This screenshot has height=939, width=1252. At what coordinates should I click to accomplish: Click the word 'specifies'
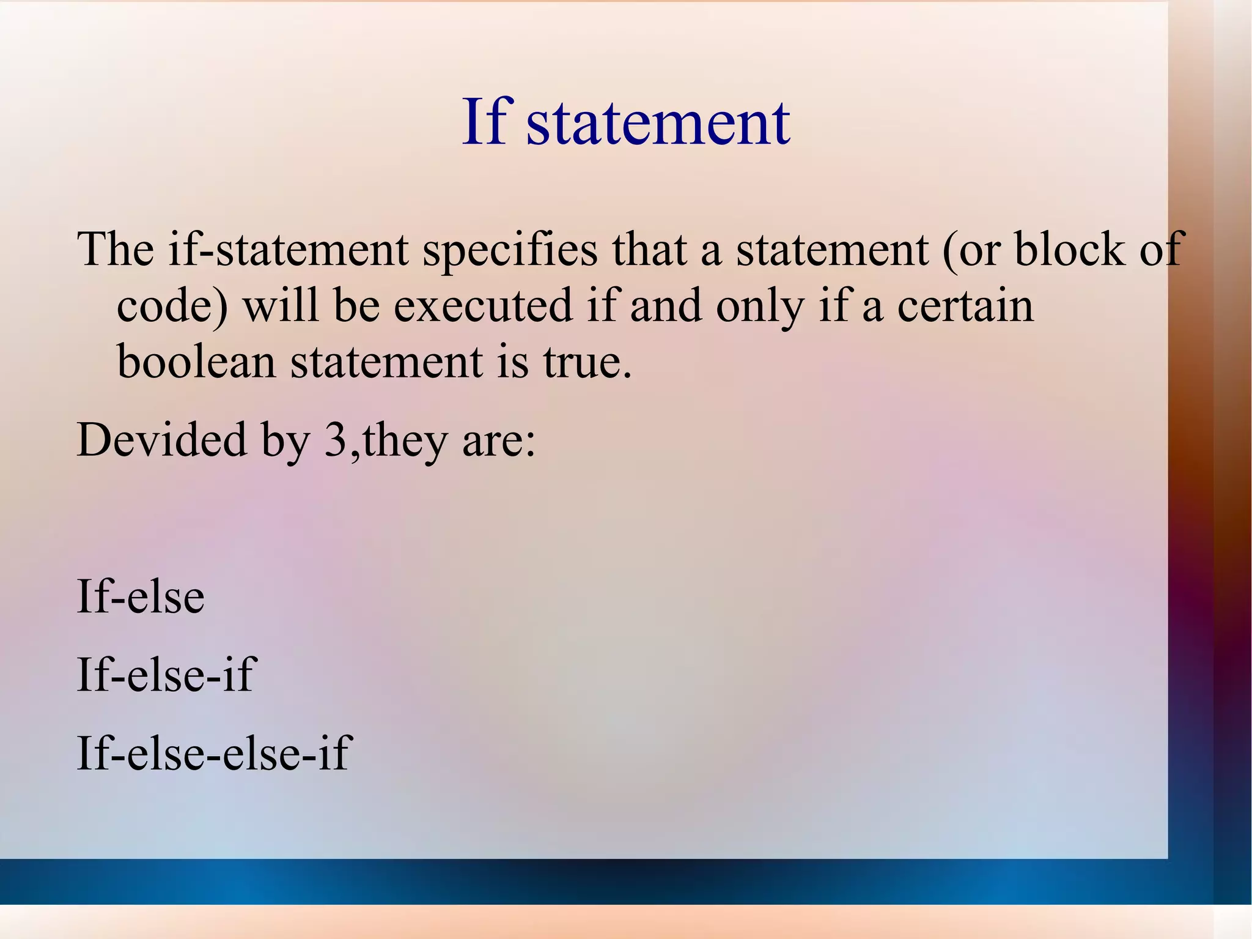click(x=510, y=251)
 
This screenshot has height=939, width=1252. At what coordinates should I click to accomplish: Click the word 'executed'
click(x=483, y=306)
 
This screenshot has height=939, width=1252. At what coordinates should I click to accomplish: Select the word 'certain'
click(x=965, y=306)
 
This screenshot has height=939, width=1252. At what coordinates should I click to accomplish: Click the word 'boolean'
click(x=196, y=362)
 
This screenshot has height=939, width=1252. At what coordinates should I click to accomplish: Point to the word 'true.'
click(x=587, y=362)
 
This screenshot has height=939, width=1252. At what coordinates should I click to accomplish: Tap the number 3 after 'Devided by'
click(x=335, y=440)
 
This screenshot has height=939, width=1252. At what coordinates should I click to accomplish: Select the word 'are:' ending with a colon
click(x=499, y=440)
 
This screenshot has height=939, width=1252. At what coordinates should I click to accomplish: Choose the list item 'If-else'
click(x=141, y=596)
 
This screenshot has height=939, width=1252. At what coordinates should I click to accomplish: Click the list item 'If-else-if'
click(x=166, y=674)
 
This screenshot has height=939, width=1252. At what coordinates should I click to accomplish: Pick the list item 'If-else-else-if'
click(x=213, y=752)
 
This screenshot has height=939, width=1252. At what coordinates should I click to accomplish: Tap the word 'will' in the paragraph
click(x=281, y=306)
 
